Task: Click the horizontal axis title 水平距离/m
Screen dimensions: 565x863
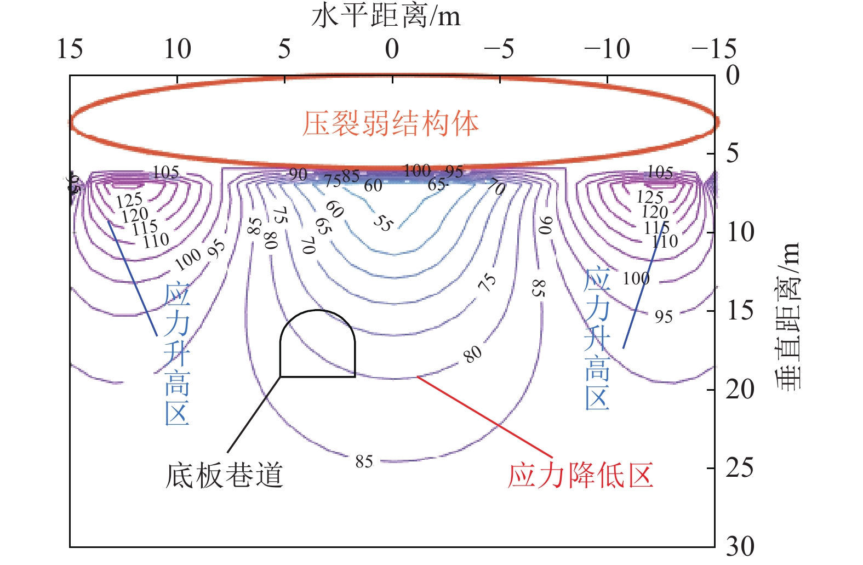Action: coord(386,16)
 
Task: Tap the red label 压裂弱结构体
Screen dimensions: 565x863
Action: coord(391,124)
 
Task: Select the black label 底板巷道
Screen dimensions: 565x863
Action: coord(224,475)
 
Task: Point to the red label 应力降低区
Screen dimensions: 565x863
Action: coord(581,475)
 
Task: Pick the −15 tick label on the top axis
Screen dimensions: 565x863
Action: coord(713,49)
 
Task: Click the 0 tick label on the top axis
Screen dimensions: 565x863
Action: coord(392,49)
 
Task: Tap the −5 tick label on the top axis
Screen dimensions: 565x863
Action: coord(499,49)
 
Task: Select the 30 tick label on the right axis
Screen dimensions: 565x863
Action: coord(740,546)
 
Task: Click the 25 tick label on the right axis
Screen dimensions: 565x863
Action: coord(740,467)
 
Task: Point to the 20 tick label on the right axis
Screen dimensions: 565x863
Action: coord(740,389)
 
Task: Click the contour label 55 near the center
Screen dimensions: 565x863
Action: coord(384,223)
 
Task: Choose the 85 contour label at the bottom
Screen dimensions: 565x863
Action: coord(364,462)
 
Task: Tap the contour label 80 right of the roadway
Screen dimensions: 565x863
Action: coord(472,354)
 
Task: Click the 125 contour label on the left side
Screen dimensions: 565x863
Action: coord(129,201)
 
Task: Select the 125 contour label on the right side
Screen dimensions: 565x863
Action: coord(650,197)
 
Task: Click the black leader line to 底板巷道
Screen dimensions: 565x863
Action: coord(254,414)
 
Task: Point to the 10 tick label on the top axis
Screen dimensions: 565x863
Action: coord(178,49)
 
